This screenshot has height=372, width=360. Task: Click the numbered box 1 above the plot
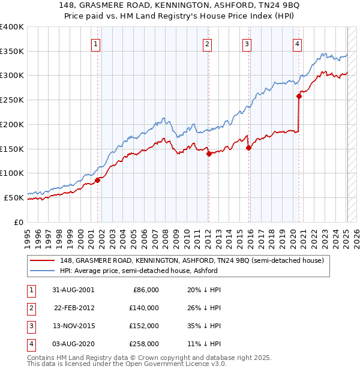97,43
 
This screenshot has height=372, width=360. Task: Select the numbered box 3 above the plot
247,43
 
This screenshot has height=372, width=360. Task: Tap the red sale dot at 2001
97,179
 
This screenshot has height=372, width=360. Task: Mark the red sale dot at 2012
209,154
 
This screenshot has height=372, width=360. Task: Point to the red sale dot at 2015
248,148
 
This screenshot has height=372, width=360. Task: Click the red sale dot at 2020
299,95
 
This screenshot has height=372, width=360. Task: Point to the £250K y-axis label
12,100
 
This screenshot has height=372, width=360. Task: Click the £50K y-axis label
14,197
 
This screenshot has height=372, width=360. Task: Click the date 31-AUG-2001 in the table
73,290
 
